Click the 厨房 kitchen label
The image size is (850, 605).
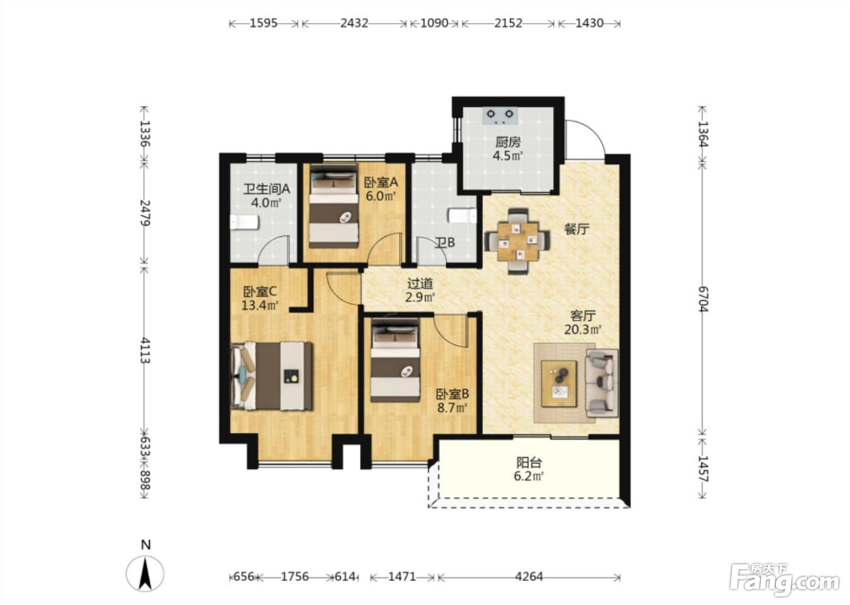508,142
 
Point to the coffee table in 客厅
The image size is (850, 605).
559,384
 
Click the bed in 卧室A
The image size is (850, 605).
334,206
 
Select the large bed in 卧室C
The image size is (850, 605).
272,376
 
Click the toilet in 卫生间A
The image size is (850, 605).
245,222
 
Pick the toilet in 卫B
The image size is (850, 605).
462,216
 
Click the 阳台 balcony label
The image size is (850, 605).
529,463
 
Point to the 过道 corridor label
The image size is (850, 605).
420,283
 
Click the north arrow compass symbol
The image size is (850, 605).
145,573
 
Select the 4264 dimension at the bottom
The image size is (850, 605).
529,577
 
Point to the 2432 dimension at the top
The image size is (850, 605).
354,23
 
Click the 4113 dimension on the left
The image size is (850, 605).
145,350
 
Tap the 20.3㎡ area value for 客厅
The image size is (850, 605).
583,329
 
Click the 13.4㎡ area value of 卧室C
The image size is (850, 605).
260,305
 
